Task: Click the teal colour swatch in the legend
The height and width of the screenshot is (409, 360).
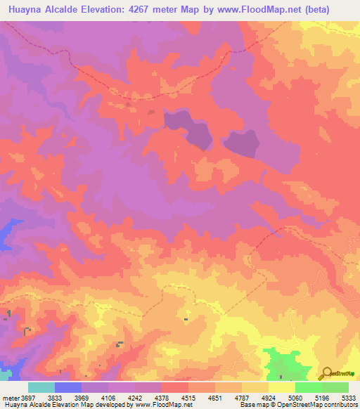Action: [x=41, y=387]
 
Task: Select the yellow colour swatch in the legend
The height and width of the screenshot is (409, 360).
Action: [x=281, y=387]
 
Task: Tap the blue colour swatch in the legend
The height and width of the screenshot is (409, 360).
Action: [x=68, y=387]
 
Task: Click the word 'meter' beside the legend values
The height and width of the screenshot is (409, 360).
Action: [x=9, y=397]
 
